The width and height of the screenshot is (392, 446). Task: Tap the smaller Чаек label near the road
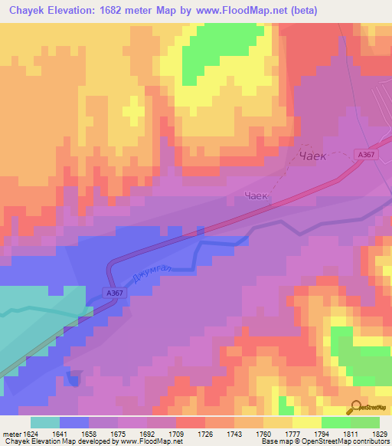[256, 196]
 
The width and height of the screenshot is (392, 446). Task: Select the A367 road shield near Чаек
[365, 154]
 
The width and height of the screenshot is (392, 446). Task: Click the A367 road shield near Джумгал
[113, 292]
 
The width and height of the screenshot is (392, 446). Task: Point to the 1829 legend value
[379, 434]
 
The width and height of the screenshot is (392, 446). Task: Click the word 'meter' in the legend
[12, 434]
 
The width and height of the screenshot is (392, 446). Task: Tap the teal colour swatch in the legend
[45, 422]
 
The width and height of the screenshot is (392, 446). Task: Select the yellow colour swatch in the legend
[306, 422]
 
